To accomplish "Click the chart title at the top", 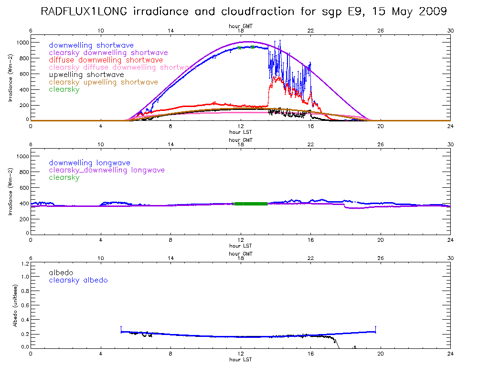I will coord(244,11).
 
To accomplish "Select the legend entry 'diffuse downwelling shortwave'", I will coord(106,60).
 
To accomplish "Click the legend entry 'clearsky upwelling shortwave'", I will coord(103,82).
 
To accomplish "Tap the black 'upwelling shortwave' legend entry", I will coord(86,75).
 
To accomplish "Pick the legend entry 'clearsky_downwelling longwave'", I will coord(106,170).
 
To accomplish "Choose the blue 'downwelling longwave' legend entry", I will coord(89,163).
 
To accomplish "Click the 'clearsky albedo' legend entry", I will coord(78,280).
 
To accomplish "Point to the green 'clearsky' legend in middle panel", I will coord(64,177).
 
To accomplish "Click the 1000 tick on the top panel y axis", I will coord(22,43).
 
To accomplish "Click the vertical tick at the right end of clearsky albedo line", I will coord(376,329).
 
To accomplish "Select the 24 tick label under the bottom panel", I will coord(450,354).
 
